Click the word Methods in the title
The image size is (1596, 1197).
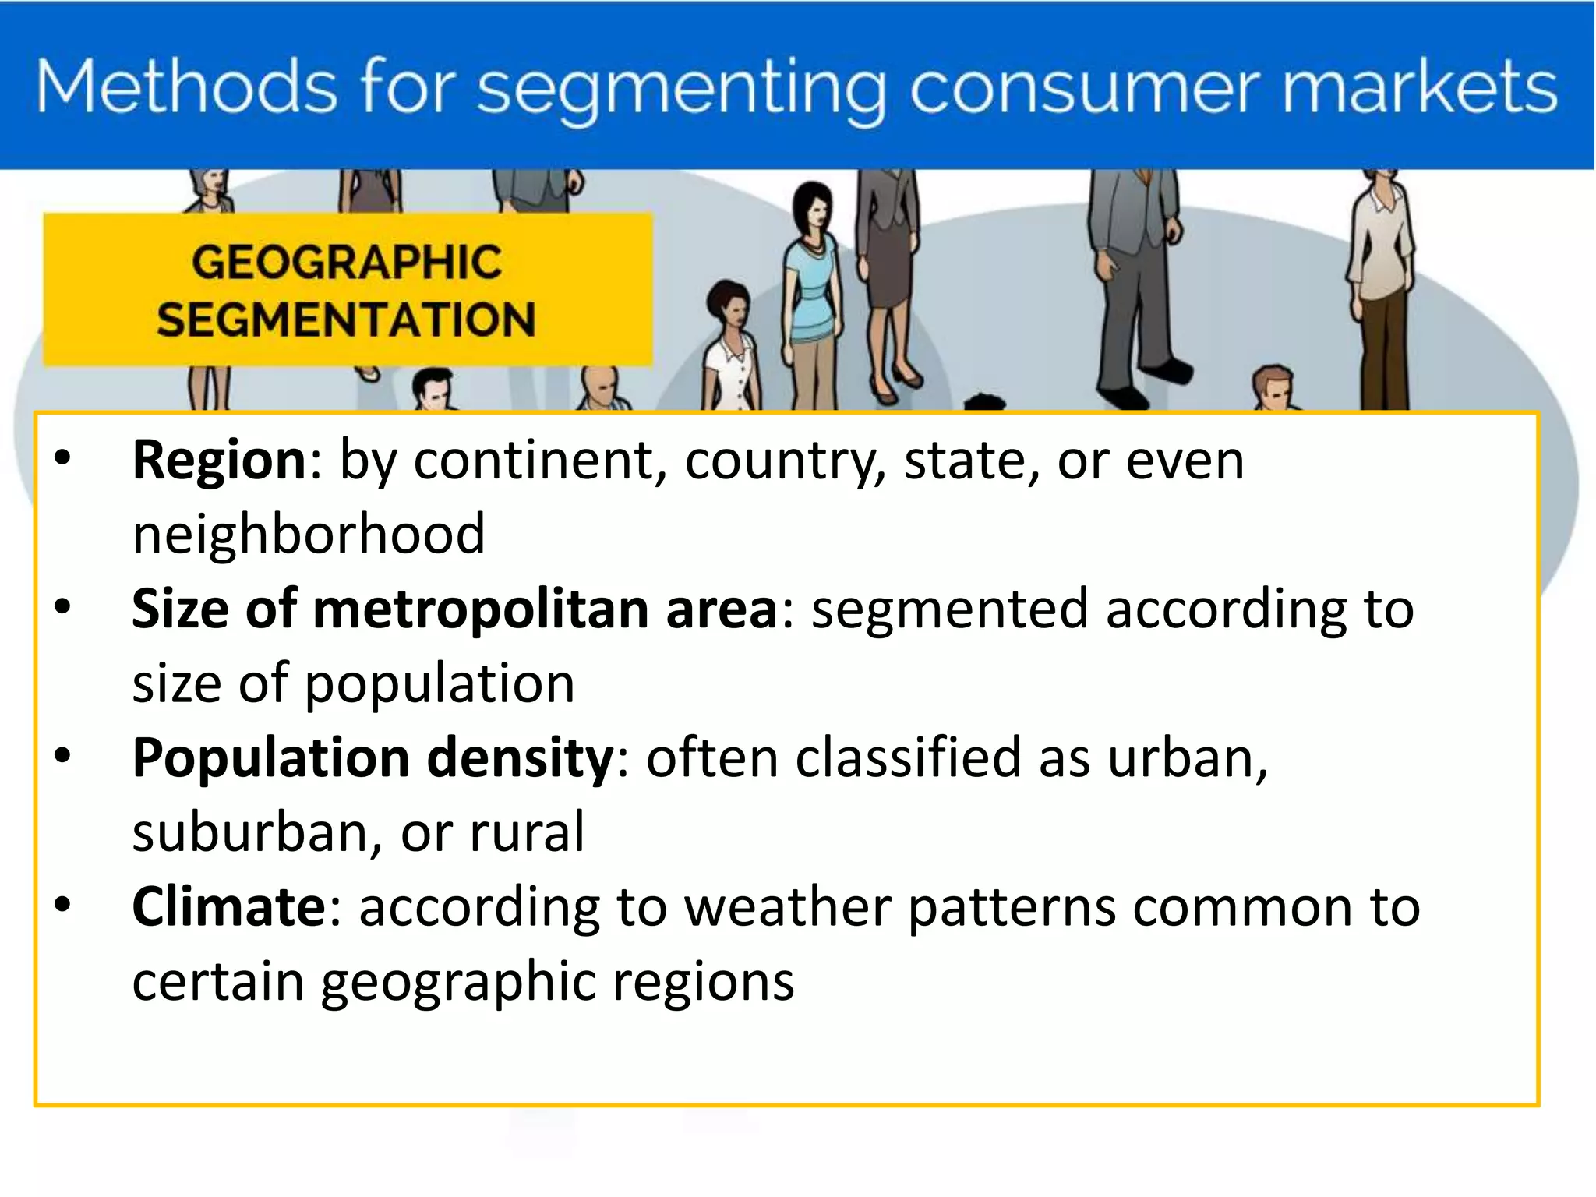[186, 87]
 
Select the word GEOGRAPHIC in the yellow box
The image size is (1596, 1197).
[347, 262]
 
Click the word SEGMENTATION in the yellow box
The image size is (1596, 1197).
[347, 320]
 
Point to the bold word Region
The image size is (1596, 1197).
[220, 461]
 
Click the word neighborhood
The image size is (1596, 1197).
[309, 535]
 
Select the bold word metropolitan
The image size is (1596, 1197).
[480, 609]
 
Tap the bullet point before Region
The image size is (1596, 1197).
[62, 458]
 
